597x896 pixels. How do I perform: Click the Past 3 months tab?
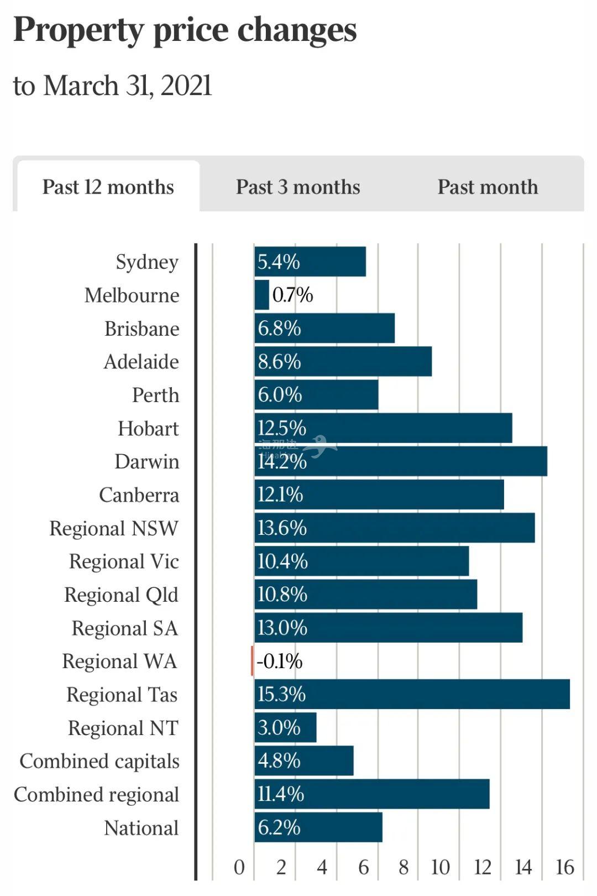[298, 187]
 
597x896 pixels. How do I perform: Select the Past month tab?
[488, 187]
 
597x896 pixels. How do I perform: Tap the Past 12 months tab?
[108, 187]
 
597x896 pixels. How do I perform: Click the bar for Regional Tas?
[412, 694]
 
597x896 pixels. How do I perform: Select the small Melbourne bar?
[262, 295]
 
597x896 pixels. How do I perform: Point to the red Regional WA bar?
[253, 661]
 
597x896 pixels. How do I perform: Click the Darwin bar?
[401, 461]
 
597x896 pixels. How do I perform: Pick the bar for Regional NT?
[285, 727]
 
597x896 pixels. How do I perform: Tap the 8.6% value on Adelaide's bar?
[280, 362]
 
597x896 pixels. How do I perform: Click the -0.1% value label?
[280, 661]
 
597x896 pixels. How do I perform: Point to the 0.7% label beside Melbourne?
[293, 295]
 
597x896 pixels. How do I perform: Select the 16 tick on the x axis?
[565, 867]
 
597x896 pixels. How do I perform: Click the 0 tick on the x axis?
[239, 867]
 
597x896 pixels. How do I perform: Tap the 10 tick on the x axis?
[441, 867]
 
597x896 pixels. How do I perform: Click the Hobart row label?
[148, 429]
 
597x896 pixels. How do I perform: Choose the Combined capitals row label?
[99, 762]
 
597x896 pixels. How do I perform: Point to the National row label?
[142, 828]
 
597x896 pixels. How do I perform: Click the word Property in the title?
[78, 30]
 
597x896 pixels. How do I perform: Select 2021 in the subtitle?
[186, 86]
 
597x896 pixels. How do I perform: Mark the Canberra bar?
[379, 494]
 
